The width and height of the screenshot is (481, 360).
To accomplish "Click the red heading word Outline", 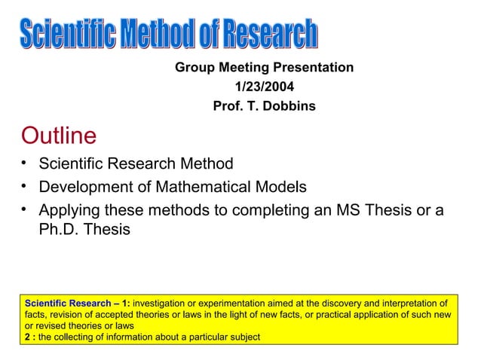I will (60, 136).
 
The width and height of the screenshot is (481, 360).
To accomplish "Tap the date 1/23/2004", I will (265, 87).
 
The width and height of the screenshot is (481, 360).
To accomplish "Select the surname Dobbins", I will (290, 106).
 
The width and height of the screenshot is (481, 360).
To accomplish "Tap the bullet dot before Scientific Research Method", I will (25, 163).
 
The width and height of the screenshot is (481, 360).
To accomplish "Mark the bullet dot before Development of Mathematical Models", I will (25, 185).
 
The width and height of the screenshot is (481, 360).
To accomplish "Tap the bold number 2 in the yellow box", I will (27, 337).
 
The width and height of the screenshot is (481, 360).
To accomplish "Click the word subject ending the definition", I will (243, 337).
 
